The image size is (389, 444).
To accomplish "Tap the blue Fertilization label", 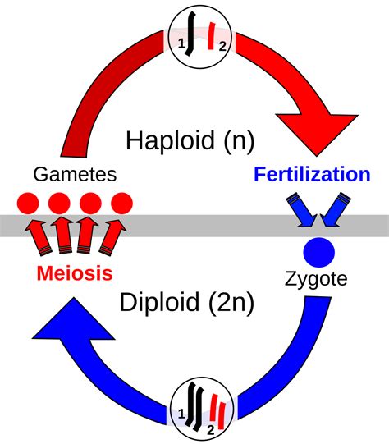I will click(312, 174).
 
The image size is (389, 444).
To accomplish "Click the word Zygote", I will click(315, 279).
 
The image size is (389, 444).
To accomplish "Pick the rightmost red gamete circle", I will click(121, 203).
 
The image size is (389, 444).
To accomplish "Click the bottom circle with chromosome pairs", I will click(194, 407).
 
